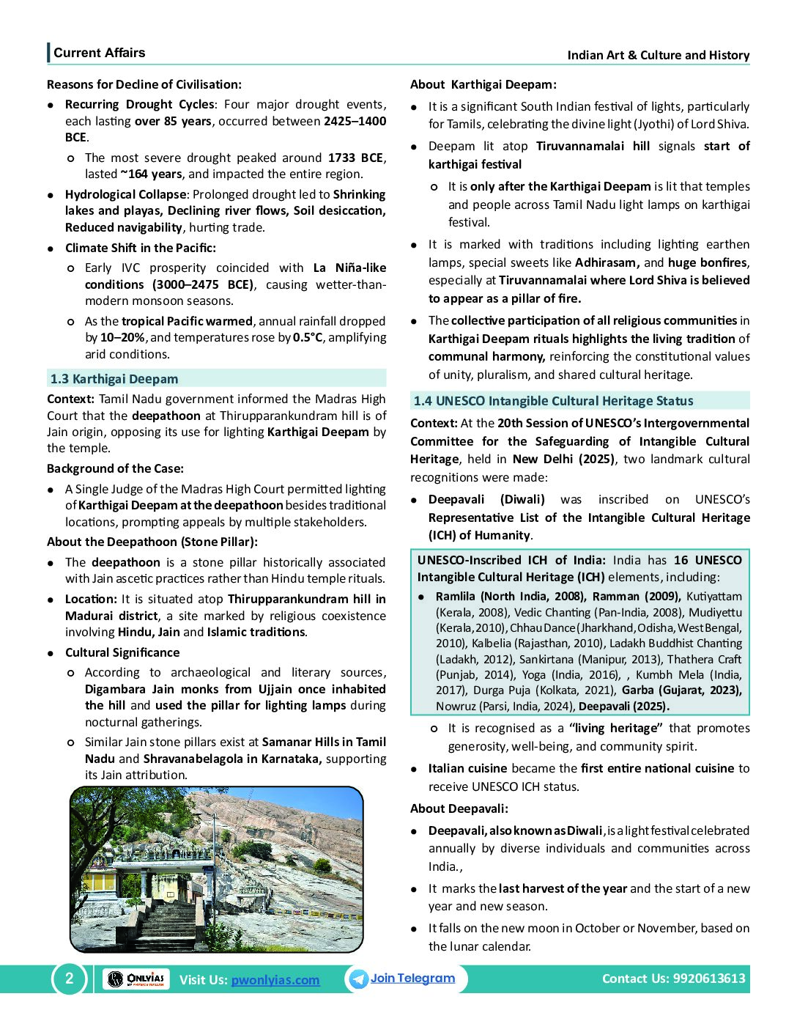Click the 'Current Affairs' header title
pos(99,53)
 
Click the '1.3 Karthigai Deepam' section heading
pos(114,379)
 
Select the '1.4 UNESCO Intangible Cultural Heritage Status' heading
pos(553,401)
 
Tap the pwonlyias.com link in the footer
pos(275,980)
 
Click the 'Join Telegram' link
pos(412,978)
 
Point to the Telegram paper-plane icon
pos(358,979)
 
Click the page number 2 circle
pos(70,978)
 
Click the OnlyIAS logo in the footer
pos(136,979)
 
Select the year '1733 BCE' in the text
pos(355,158)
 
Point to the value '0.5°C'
pos(308,337)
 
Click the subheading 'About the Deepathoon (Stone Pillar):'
pos(152,542)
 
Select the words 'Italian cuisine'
pos(467,768)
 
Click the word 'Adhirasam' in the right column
pos(607,262)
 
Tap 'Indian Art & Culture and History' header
pos(658,55)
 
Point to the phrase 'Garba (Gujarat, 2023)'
pos(681,690)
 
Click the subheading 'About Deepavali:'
pos(459,808)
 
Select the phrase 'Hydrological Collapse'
pos(125,194)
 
